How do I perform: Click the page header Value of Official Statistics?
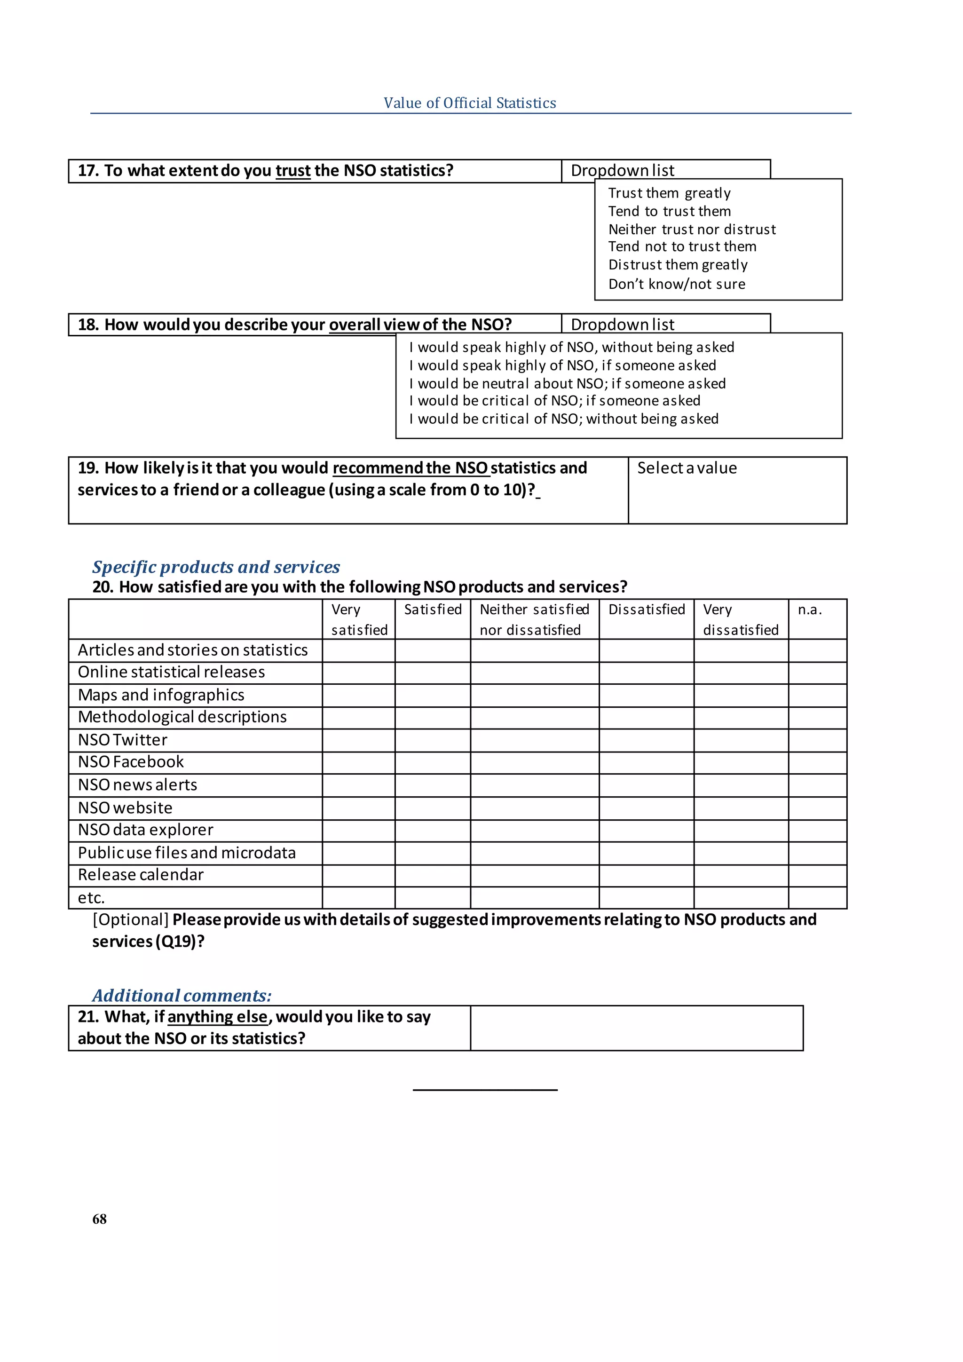click(x=470, y=103)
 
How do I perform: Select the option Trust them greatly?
click(x=669, y=193)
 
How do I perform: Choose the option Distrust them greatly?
click(x=677, y=265)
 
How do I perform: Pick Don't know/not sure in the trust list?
click(x=676, y=284)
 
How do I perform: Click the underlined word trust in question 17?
click(x=293, y=171)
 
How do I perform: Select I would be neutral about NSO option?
click(x=567, y=384)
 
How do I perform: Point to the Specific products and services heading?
click(x=216, y=567)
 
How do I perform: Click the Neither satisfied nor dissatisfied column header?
click(x=534, y=619)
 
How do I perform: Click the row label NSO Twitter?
click(x=123, y=740)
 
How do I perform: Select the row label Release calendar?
click(x=141, y=874)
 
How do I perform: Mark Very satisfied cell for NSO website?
click(x=358, y=808)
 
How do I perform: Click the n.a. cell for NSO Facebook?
click(x=817, y=762)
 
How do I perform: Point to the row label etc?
click(x=91, y=897)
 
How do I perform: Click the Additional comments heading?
click(x=182, y=996)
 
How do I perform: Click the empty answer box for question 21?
click(x=636, y=1028)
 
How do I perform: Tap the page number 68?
click(x=100, y=1219)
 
